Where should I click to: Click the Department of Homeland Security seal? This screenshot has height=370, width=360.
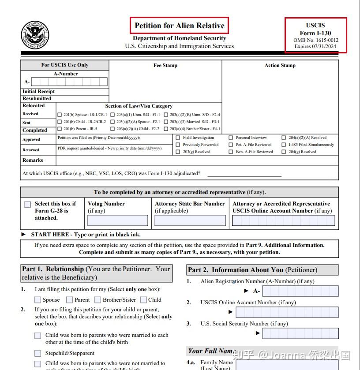point(35,35)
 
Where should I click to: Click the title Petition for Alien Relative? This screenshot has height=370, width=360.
point(180,26)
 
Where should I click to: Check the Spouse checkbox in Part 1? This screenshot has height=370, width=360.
point(38,300)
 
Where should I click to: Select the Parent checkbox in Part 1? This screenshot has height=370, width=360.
point(70,300)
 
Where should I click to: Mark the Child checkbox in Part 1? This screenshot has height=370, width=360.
point(144,300)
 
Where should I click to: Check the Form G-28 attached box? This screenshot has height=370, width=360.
point(28,205)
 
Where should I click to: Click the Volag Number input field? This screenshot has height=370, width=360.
point(118,221)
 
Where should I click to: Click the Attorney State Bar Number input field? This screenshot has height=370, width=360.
point(190,221)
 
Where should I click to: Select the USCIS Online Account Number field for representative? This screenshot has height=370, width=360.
point(284,221)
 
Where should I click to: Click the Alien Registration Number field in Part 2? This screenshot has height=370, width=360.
point(300,291)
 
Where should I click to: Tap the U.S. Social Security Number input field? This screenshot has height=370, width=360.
point(300,333)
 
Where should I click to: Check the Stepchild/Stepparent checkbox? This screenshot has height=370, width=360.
point(38,353)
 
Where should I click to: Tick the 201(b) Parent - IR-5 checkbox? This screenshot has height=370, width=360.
point(60,129)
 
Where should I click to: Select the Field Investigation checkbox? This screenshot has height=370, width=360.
point(178,138)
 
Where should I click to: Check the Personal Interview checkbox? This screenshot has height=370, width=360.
point(231,138)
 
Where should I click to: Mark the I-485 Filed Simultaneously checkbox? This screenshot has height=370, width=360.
point(284,145)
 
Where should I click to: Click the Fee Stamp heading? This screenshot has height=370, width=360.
point(165,66)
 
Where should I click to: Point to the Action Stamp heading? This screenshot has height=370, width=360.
point(280,66)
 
